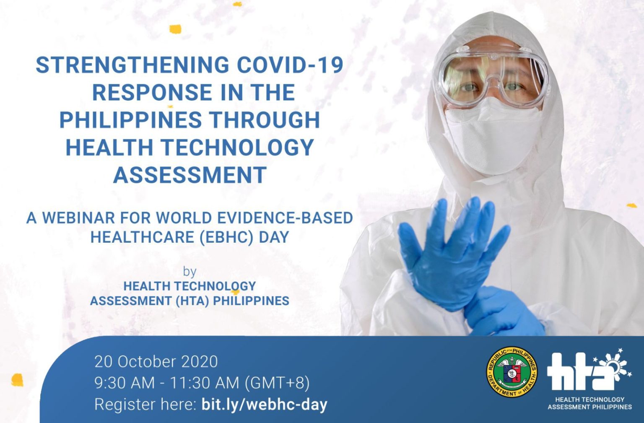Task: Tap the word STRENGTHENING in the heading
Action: coord(132,65)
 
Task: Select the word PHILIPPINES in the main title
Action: coord(130,119)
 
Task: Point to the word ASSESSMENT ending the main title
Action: coord(190,174)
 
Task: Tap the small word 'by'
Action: coord(190,272)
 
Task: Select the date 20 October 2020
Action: coord(156,362)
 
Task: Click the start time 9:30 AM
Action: coord(125,383)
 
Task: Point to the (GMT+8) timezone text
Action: coord(277,383)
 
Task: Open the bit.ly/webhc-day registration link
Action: coord(265,405)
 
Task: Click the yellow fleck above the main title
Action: coord(175,29)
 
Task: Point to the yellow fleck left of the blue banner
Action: coord(17,380)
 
